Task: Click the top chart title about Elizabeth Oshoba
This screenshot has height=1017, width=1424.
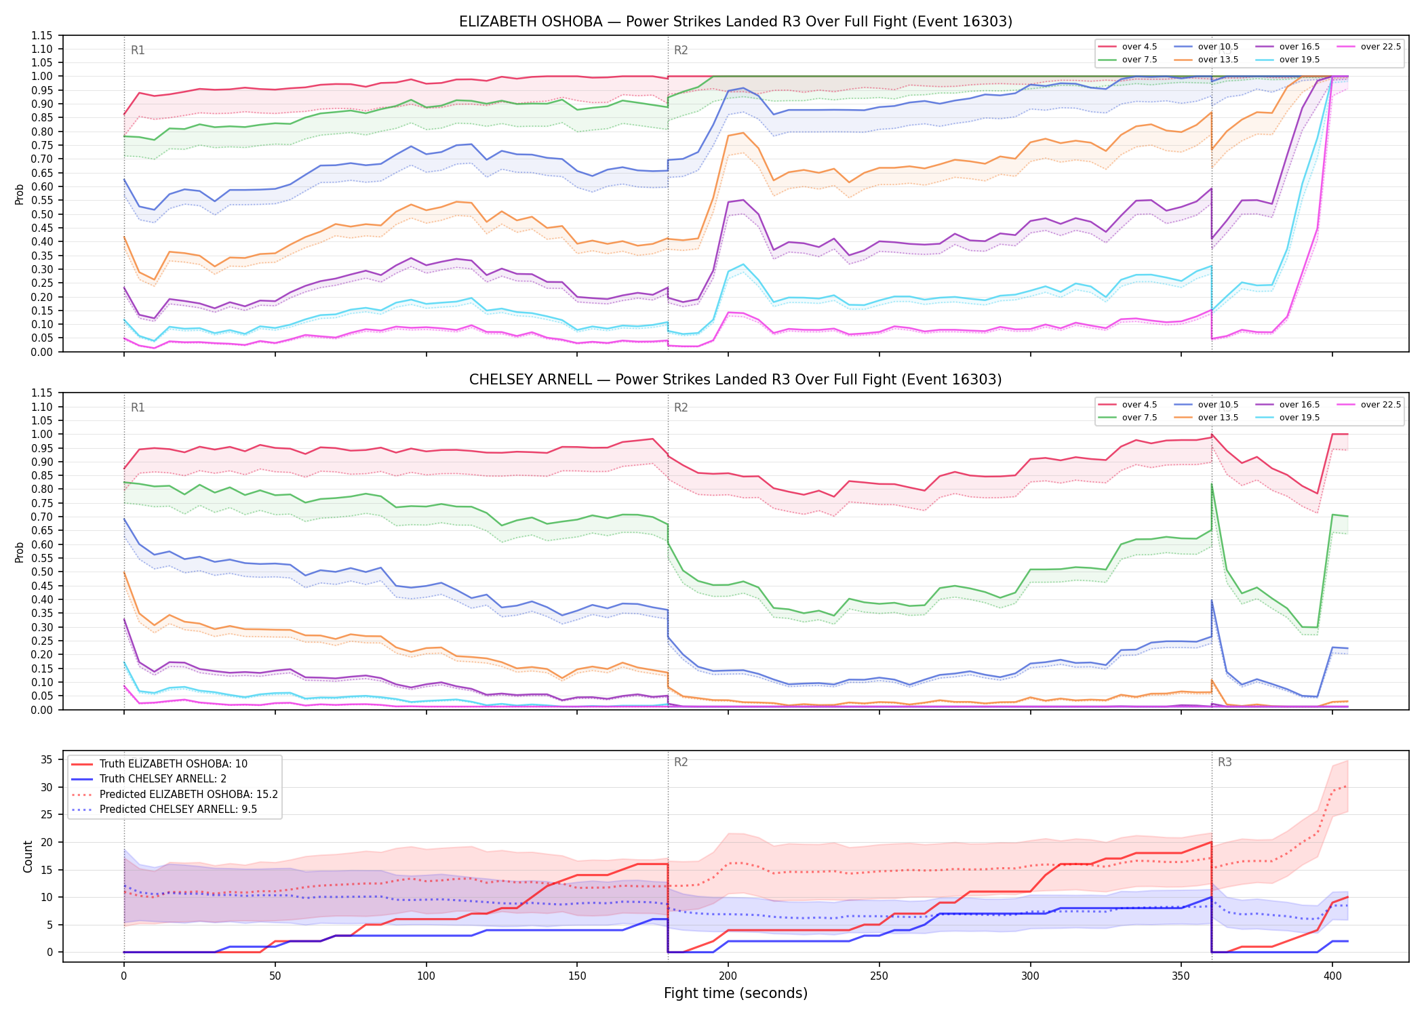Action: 736,22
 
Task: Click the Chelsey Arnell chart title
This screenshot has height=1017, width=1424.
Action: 736,380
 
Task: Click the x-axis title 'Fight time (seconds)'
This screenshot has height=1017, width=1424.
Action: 736,993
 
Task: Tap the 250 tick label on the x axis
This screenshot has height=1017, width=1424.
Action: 879,976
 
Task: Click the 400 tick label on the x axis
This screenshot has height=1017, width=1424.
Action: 1332,976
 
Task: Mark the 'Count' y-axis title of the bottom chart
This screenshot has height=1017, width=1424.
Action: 28,856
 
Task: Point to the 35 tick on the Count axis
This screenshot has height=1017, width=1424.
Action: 46,759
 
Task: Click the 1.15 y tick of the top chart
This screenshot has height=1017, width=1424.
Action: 41,35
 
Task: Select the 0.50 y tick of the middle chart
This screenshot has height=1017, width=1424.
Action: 41,572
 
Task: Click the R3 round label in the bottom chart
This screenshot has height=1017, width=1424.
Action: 1225,762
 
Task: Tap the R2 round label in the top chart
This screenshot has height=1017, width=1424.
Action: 681,50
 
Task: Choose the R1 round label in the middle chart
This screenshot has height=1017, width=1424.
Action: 138,407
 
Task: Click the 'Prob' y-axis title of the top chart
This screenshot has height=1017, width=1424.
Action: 20,195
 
